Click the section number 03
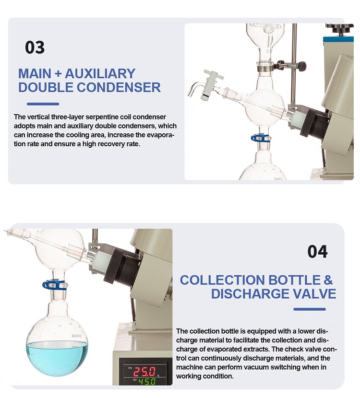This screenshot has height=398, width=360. (x=35, y=47)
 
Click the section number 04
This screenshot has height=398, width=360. (x=318, y=252)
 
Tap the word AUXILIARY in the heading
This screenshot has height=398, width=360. (x=100, y=74)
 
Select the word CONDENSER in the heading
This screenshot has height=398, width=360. (x=119, y=87)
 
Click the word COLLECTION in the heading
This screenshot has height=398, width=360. (x=222, y=280)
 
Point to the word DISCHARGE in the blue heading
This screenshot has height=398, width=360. (x=250, y=293)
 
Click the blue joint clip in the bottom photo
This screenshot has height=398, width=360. (x=54, y=284)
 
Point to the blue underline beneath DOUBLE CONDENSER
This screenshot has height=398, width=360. (x=43, y=104)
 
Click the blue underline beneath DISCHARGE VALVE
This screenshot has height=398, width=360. (x=310, y=309)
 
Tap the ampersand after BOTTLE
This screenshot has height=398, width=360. (x=328, y=280)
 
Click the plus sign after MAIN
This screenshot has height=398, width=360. (x=58, y=74)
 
